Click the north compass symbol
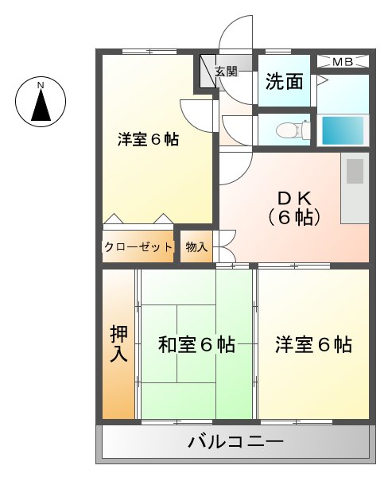point(40,103)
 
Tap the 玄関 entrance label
point(227,72)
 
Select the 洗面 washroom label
point(284,81)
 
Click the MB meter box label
point(343,61)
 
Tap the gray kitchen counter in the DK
point(355,189)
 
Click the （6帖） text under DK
point(295,216)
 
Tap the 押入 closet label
point(118,344)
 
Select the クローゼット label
point(138,247)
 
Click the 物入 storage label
point(196,247)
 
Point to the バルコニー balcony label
point(235,443)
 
